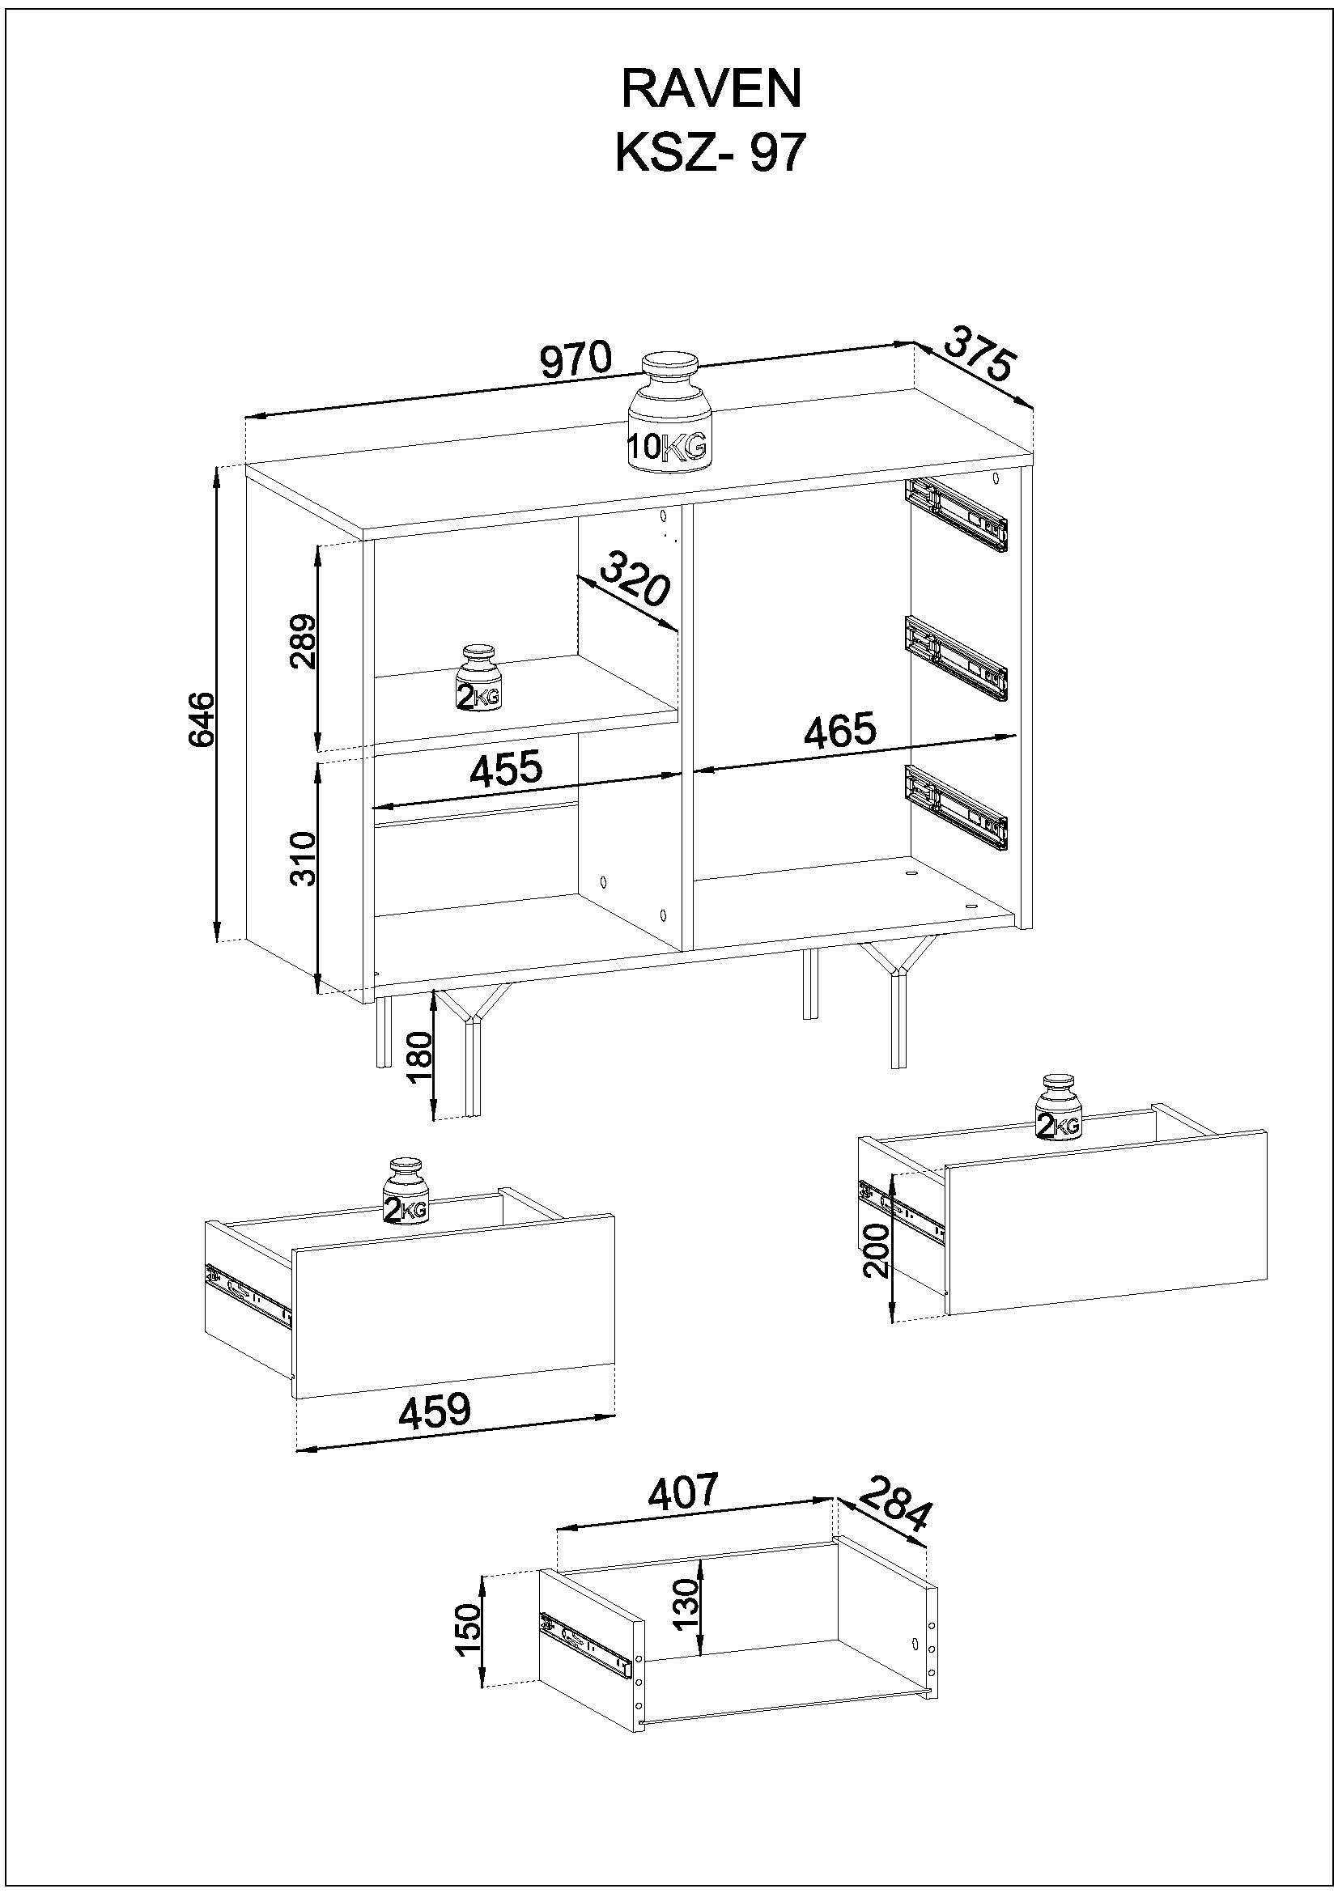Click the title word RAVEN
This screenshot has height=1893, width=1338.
[711, 88]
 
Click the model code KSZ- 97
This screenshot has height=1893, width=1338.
[709, 153]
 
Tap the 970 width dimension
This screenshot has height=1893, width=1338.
[576, 360]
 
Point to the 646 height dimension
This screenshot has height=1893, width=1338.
[202, 719]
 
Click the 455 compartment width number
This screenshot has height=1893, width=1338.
[505, 768]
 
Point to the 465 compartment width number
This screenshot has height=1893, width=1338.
[839, 731]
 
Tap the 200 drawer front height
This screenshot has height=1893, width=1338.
[877, 1249]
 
